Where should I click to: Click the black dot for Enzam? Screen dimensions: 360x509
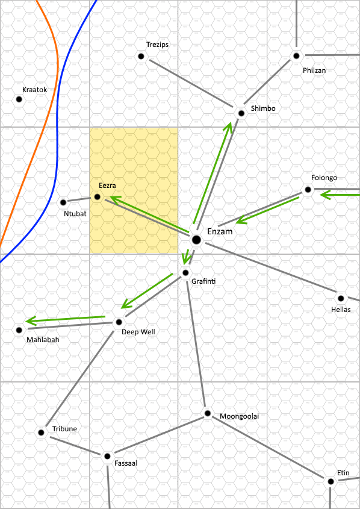tap(196, 240)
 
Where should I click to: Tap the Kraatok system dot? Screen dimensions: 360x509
tap(19, 99)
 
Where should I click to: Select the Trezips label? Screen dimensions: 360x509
tap(157, 45)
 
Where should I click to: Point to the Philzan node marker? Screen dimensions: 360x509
tap(296, 56)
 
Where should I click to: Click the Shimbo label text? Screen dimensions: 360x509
tap(263, 108)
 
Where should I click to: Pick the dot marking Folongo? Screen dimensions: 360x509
tap(308, 190)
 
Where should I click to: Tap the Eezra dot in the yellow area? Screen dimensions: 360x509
tap(98, 197)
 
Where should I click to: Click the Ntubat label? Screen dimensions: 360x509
tap(75, 214)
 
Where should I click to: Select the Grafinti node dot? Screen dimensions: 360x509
tap(185, 273)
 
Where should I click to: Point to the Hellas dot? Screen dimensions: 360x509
tap(341, 298)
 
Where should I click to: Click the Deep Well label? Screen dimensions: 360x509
tap(138, 332)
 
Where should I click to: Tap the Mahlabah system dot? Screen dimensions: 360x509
tap(19, 330)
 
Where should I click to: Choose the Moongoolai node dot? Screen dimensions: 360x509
tap(208, 413)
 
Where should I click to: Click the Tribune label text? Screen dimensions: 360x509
tap(64, 429)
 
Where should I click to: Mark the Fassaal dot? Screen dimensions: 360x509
tap(107, 457)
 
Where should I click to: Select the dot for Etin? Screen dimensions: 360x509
tap(331, 481)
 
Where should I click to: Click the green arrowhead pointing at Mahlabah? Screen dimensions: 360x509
tap(31, 322)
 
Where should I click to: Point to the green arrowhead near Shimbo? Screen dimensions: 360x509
tap(228, 128)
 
